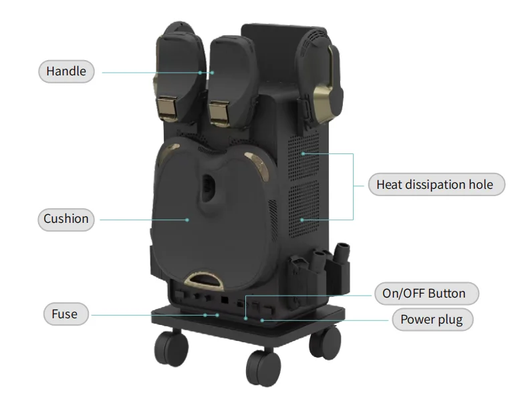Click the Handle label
click(x=66, y=71)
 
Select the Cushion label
click(x=66, y=219)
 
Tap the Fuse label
click(x=65, y=314)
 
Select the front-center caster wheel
click(x=262, y=367)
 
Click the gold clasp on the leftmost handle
click(x=166, y=109)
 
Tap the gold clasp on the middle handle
click(x=221, y=111)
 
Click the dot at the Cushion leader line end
click(x=188, y=219)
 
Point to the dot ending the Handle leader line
click(x=200, y=72)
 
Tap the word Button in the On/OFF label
click(x=446, y=294)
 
